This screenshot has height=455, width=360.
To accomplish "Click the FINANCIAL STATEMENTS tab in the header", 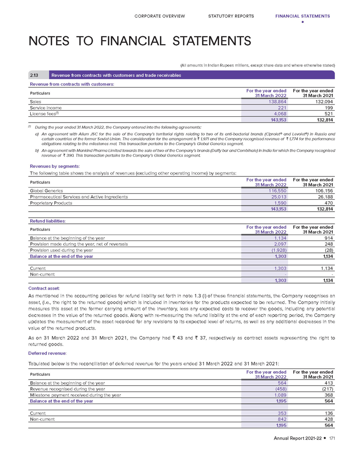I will point(302,16).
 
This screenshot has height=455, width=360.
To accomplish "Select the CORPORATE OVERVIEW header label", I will point(160,16).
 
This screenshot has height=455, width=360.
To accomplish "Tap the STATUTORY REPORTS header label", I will point(231,16).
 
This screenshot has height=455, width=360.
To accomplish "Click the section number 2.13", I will point(34,75).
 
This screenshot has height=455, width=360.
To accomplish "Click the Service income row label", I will point(46,107).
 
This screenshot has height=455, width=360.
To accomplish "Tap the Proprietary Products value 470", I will point(328,203).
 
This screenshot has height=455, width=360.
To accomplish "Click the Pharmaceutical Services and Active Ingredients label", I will point(79,197).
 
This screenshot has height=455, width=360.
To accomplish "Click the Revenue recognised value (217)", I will point(325,389).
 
